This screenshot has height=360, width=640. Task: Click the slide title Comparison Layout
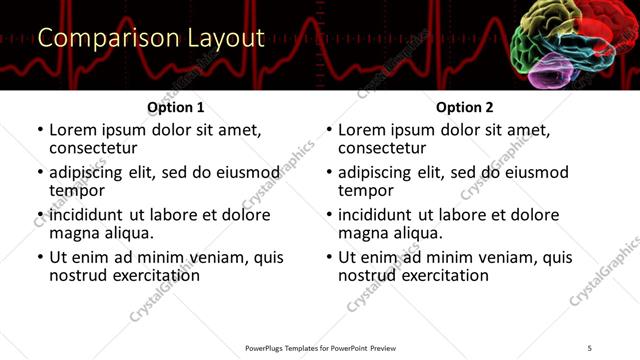pos(151,39)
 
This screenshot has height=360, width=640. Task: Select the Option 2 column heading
pos(465,107)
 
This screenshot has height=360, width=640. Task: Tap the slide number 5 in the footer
pos(590,347)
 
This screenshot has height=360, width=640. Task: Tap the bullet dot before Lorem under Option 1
pos(41,130)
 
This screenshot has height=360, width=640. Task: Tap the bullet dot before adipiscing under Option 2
pos(330,173)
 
